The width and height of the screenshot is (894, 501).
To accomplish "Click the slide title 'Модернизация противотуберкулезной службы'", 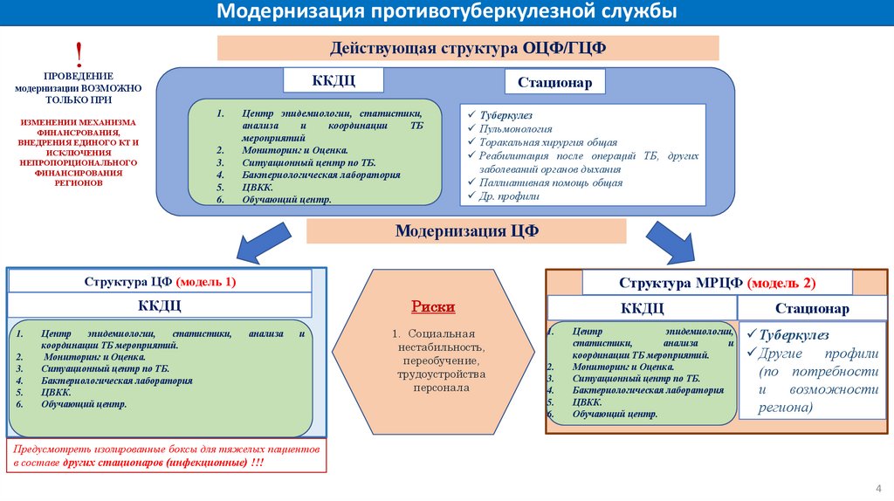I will tap(446, 12).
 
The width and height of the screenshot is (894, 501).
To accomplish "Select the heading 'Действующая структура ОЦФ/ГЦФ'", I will tap(467, 48).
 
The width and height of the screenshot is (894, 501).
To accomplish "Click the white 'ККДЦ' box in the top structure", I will tap(334, 80).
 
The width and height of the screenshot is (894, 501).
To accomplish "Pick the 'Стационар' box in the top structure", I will tap(554, 83).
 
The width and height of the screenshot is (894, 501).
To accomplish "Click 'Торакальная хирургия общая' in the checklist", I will tap(547, 141).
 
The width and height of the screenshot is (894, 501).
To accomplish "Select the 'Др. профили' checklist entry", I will tap(509, 196).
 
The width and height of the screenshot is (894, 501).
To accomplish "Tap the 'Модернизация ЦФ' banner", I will tap(466, 231).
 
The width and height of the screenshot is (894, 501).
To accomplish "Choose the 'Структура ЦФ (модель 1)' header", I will tap(160, 282).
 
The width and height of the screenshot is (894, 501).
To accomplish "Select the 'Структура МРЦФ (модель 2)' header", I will tap(717, 283).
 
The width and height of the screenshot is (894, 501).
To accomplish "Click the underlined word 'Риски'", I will tap(433, 307).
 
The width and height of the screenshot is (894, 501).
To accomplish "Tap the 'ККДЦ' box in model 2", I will tap(643, 308).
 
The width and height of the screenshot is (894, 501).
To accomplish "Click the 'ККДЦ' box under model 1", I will tap(160, 305).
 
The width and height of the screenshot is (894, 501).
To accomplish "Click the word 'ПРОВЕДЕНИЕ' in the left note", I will tap(79, 76).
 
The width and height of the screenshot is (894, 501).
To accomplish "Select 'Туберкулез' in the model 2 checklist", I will tap(794, 335).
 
